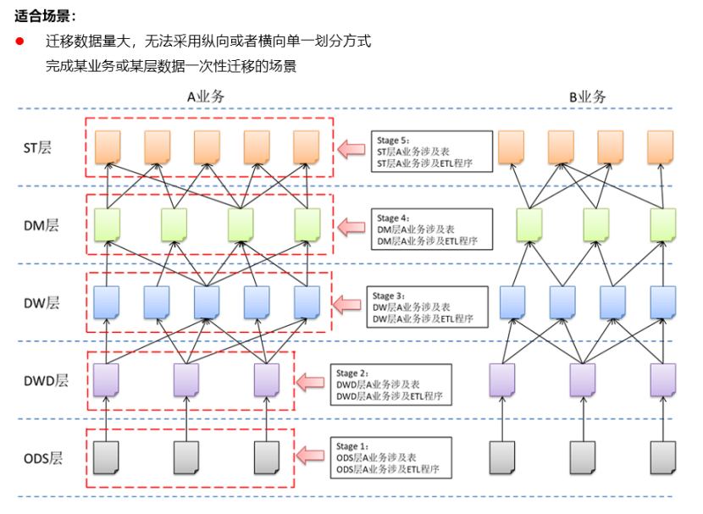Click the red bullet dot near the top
[x=19, y=41]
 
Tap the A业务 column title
[x=206, y=97]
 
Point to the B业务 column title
[x=587, y=97]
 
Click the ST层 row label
[x=37, y=147]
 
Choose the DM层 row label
[x=42, y=225]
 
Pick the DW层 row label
[x=42, y=303]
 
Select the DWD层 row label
[x=46, y=381]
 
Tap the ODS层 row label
[x=43, y=458]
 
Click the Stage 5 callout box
[x=432, y=152]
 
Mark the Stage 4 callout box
[x=432, y=229]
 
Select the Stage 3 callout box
[x=427, y=307]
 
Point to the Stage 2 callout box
[x=391, y=384]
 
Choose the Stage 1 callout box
[x=391, y=458]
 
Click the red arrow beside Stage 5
[x=351, y=149]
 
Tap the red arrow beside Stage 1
[x=310, y=456]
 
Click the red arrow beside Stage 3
[x=347, y=305]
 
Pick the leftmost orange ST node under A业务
[x=108, y=147]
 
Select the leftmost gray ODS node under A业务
[x=106, y=457]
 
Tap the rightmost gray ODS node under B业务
[x=663, y=457]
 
